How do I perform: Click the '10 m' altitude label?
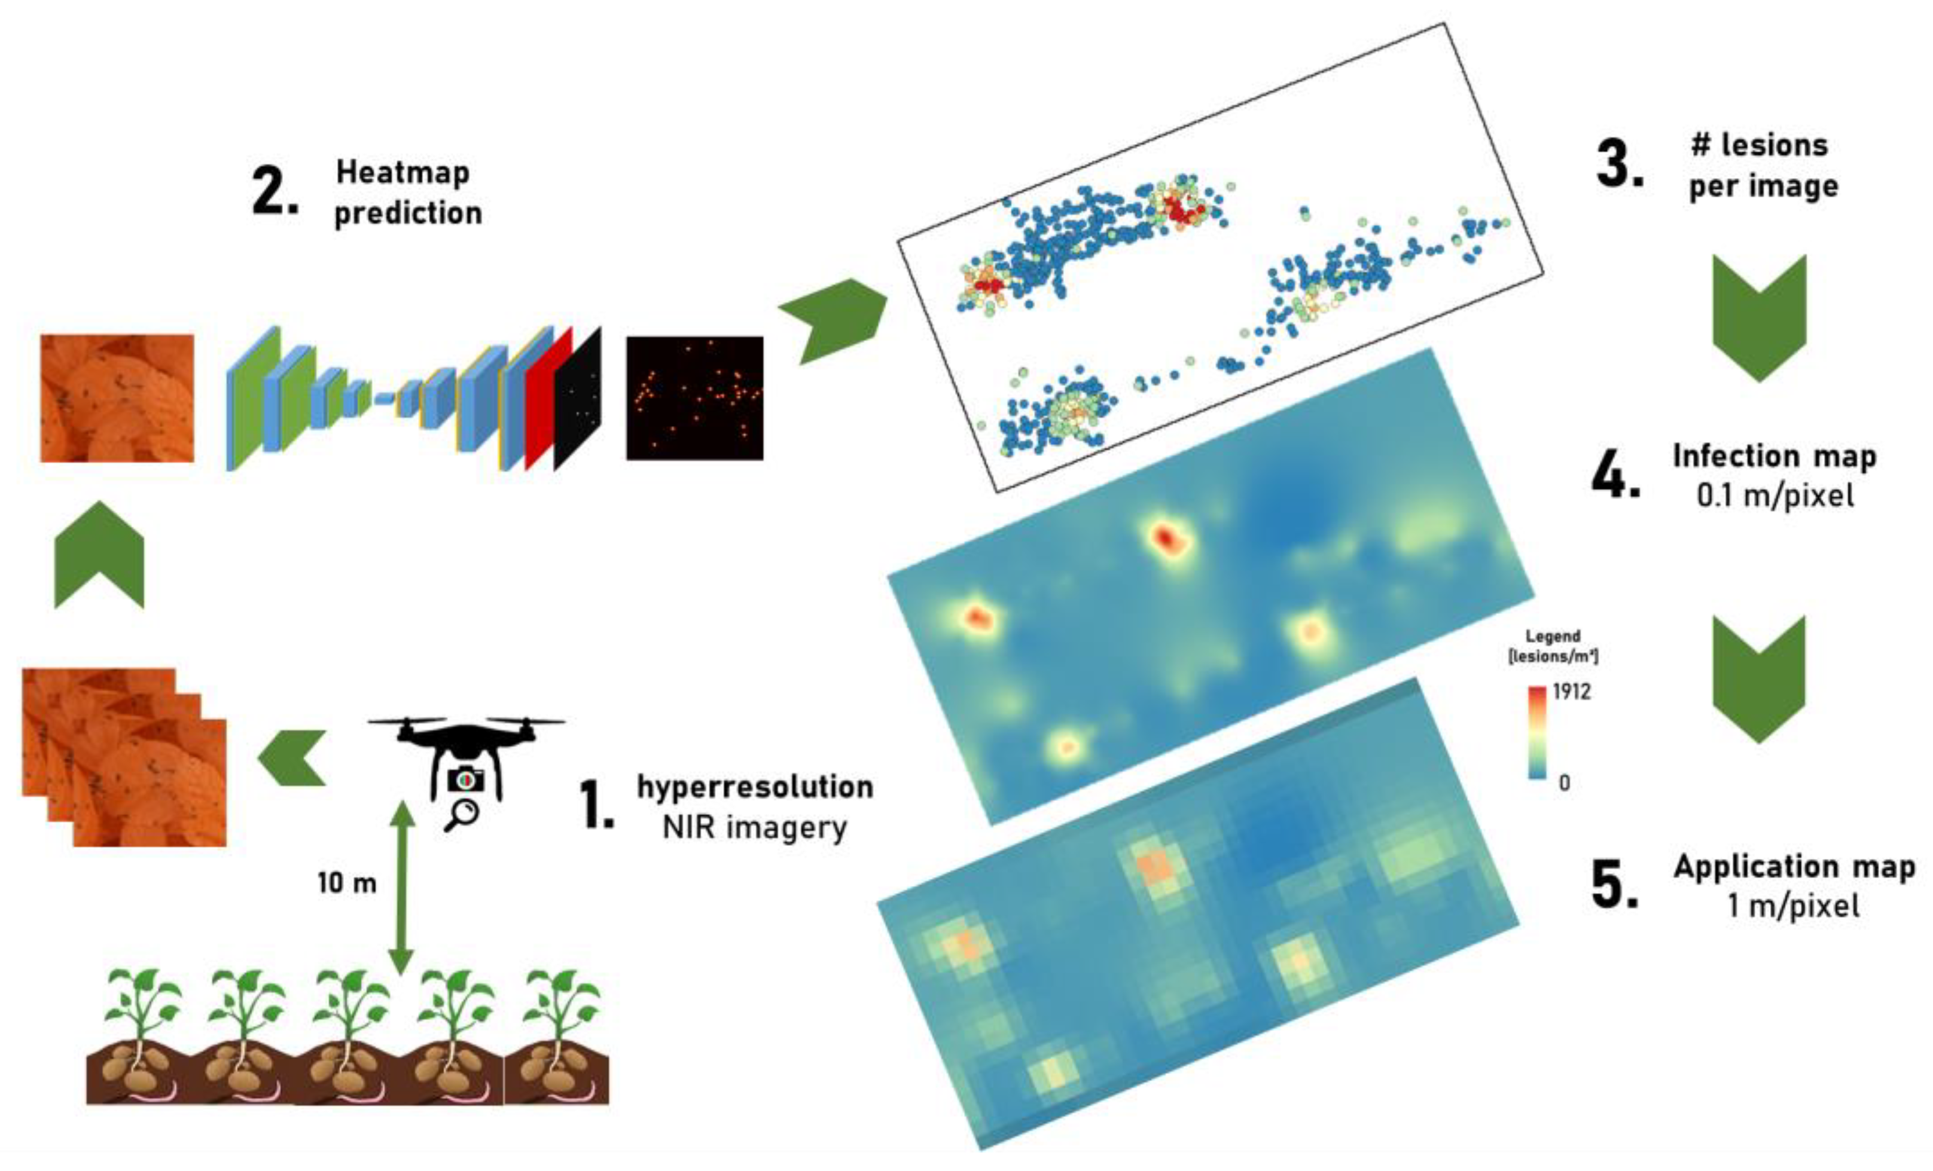click(347, 883)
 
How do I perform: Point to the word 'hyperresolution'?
click(755, 787)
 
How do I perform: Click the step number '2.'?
click(275, 192)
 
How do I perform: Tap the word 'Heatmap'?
click(403, 172)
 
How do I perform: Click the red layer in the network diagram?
click(548, 400)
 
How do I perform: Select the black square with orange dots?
click(694, 398)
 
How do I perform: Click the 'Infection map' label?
click(1775, 455)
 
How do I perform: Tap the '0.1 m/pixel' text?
click(1775, 496)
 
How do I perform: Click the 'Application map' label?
click(1794, 866)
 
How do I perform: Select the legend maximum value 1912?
click(1571, 692)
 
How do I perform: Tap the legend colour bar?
click(1537, 733)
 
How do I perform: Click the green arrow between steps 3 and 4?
click(1759, 317)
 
